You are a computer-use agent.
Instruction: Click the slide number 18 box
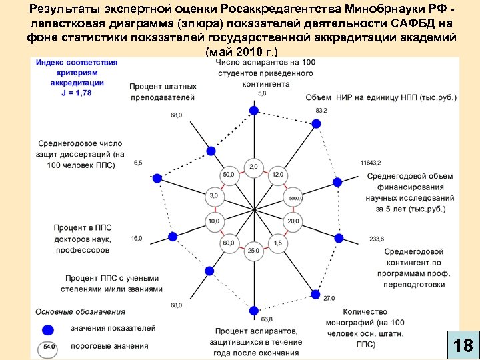click(463, 345)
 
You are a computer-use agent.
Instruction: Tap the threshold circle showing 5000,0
click(295, 198)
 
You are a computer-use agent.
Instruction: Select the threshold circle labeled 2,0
click(253, 166)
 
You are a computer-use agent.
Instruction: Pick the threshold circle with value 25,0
click(253, 251)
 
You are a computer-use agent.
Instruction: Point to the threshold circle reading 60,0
click(229, 243)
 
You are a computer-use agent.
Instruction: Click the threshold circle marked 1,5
click(277, 243)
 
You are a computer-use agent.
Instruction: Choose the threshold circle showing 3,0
click(213, 196)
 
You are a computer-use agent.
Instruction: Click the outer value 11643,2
click(370, 163)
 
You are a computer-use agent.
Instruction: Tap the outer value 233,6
click(377, 239)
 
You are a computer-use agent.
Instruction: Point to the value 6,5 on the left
click(138, 163)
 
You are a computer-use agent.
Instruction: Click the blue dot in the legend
click(47, 329)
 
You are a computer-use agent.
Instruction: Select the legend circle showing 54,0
click(49, 347)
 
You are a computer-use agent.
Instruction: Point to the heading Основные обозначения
click(80, 311)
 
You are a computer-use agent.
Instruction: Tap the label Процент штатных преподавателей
click(163, 92)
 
